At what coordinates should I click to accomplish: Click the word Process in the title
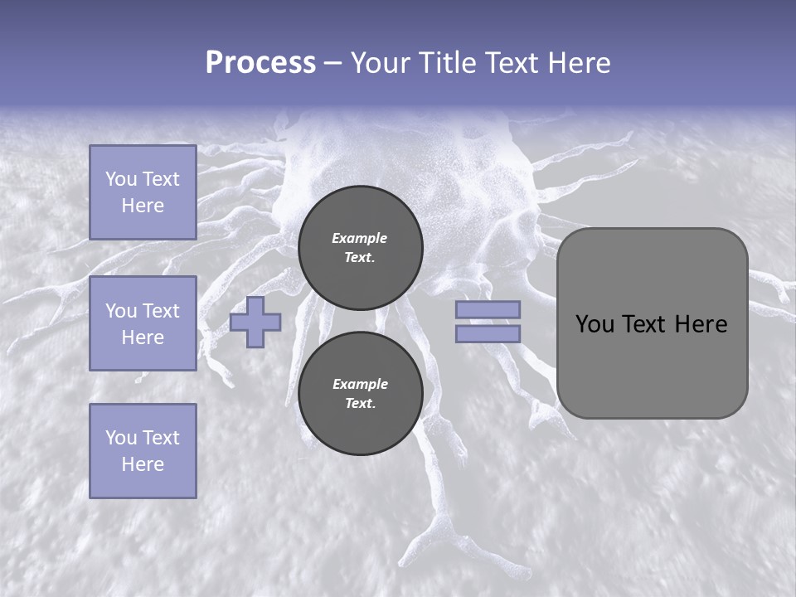(x=260, y=63)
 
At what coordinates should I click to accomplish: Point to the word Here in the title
(x=579, y=63)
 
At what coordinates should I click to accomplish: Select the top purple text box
(x=143, y=192)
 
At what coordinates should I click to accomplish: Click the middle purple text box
(x=143, y=323)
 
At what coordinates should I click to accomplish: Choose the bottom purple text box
(x=143, y=450)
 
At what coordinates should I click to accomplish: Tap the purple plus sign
(x=255, y=323)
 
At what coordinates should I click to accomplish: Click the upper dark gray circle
(x=361, y=248)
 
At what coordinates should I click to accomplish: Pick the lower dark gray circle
(x=361, y=394)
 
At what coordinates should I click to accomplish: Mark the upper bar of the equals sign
(x=488, y=309)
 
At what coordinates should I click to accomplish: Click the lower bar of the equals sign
(x=488, y=334)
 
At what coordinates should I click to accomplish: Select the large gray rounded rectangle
(x=652, y=323)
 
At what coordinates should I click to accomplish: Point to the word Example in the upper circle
(x=360, y=238)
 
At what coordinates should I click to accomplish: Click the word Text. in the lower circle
(x=360, y=404)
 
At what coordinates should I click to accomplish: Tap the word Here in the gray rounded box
(x=701, y=324)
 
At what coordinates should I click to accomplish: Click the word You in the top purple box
(x=121, y=179)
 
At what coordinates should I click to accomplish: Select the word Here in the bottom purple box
(x=143, y=464)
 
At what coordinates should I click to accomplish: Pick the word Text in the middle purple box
(x=161, y=311)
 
